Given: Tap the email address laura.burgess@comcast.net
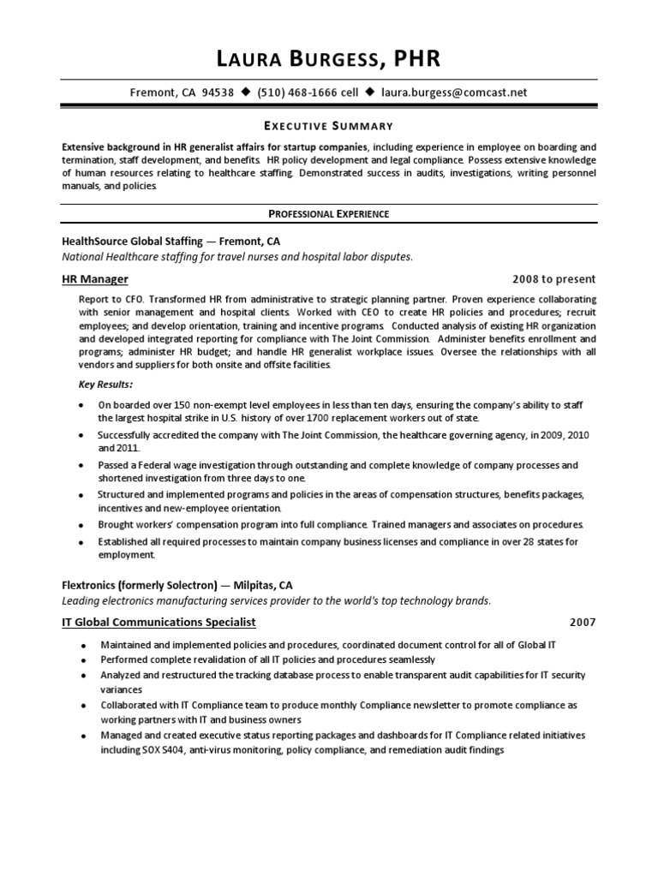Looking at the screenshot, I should [x=454, y=92].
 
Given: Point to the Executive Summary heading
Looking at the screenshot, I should [x=327, y=125].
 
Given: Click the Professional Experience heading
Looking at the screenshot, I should [x=329, y=213].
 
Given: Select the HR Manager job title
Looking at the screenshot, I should [x=96, y=279].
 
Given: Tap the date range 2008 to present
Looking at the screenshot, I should [x=553, y=279].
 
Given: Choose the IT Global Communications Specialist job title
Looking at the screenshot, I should [x=159, y=622].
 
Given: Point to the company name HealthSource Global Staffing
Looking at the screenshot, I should [x=135, y=241].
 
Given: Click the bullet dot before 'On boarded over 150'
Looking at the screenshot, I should [x=80, y=405].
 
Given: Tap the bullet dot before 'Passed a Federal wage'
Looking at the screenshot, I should [x=80, y=465].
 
